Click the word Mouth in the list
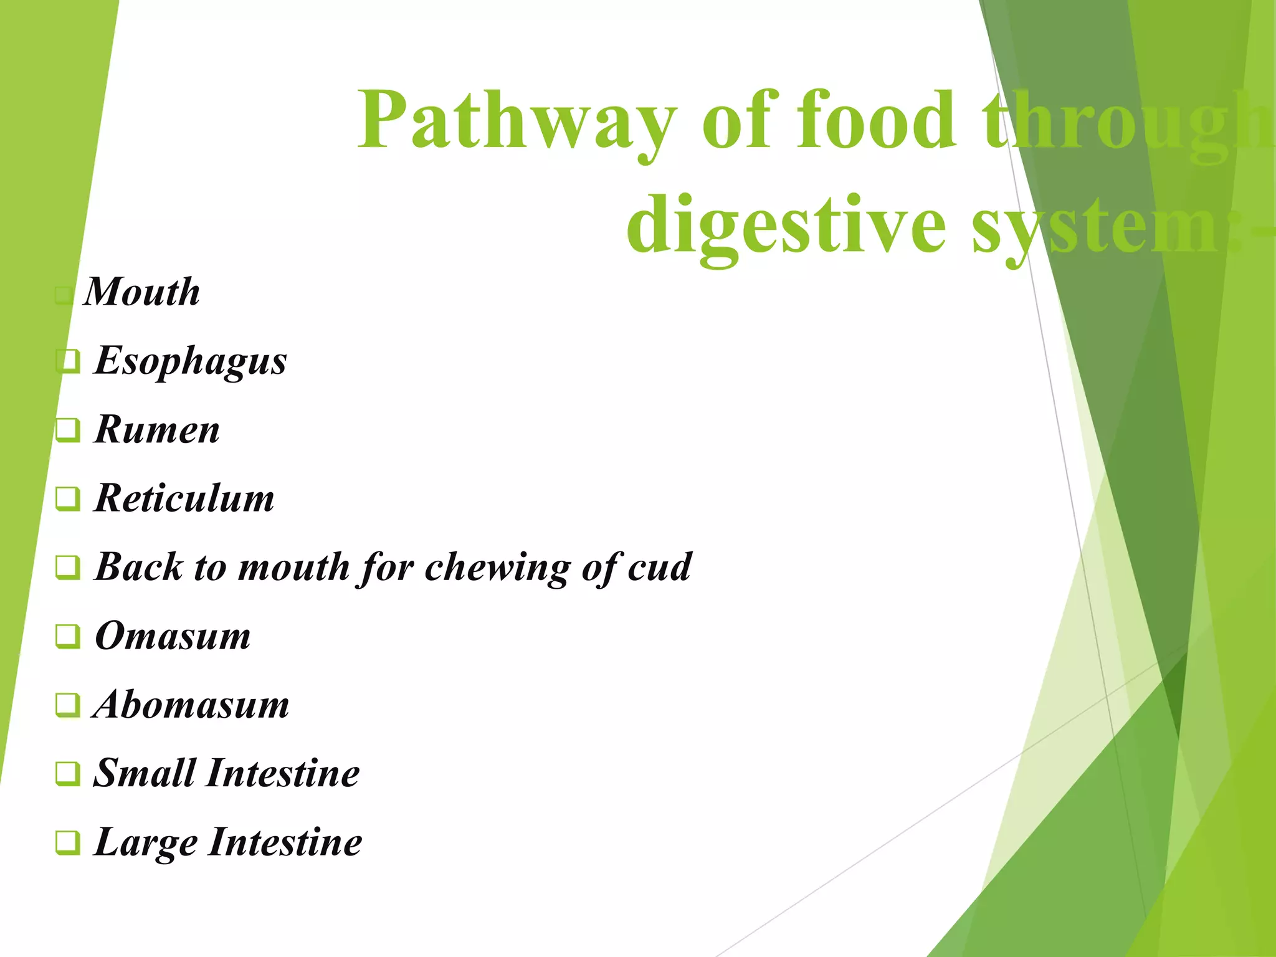[x=142, y=292]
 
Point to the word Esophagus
[x=190, y=361]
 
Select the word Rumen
[x=156, y=430]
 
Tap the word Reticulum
[x=184, y=498]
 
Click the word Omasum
[x=173, y=636]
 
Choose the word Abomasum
[x=191, y=705]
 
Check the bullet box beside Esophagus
[x=68, y=361]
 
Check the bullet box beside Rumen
[x=68, y=430]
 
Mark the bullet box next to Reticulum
[x=68, y=498]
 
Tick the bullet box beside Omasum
[x=68, y=636]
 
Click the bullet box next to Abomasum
[x=68, y=705]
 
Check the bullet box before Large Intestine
[x=68, y=842]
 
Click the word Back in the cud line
[x=139, y=567]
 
